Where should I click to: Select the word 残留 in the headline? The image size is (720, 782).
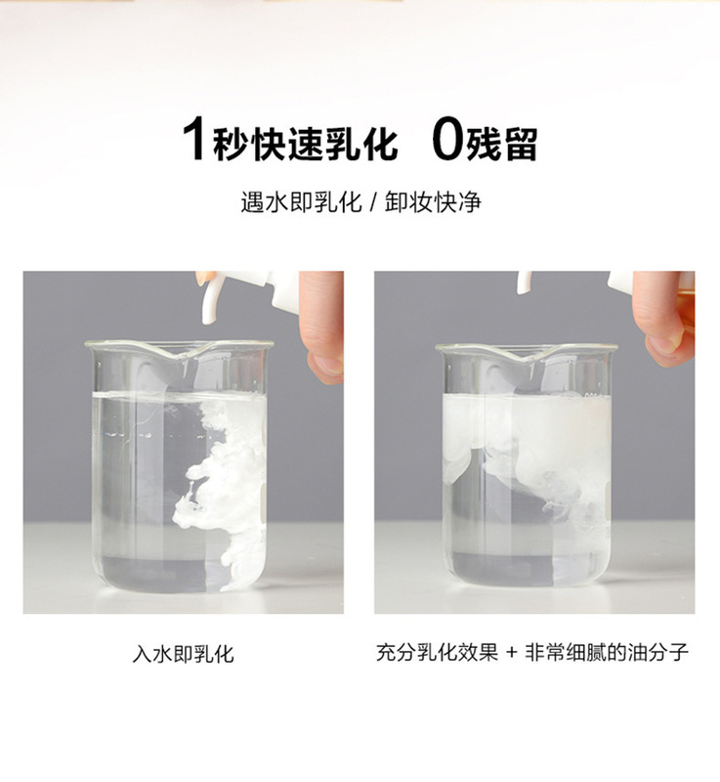point(502,144)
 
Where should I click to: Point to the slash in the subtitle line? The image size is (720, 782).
point(373,202)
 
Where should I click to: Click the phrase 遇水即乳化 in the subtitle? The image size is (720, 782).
point(302,202)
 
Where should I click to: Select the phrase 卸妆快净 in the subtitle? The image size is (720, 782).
point(433,202)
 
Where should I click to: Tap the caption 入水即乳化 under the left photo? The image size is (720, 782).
point(183,654)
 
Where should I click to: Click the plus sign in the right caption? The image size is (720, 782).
point(511,652)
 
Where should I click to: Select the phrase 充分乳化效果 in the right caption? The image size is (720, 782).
point(437,652)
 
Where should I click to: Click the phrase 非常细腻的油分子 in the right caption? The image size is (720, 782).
point(607,652)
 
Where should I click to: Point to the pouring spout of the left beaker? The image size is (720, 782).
point(182,355)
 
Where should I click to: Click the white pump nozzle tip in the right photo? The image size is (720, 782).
point(524,282)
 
